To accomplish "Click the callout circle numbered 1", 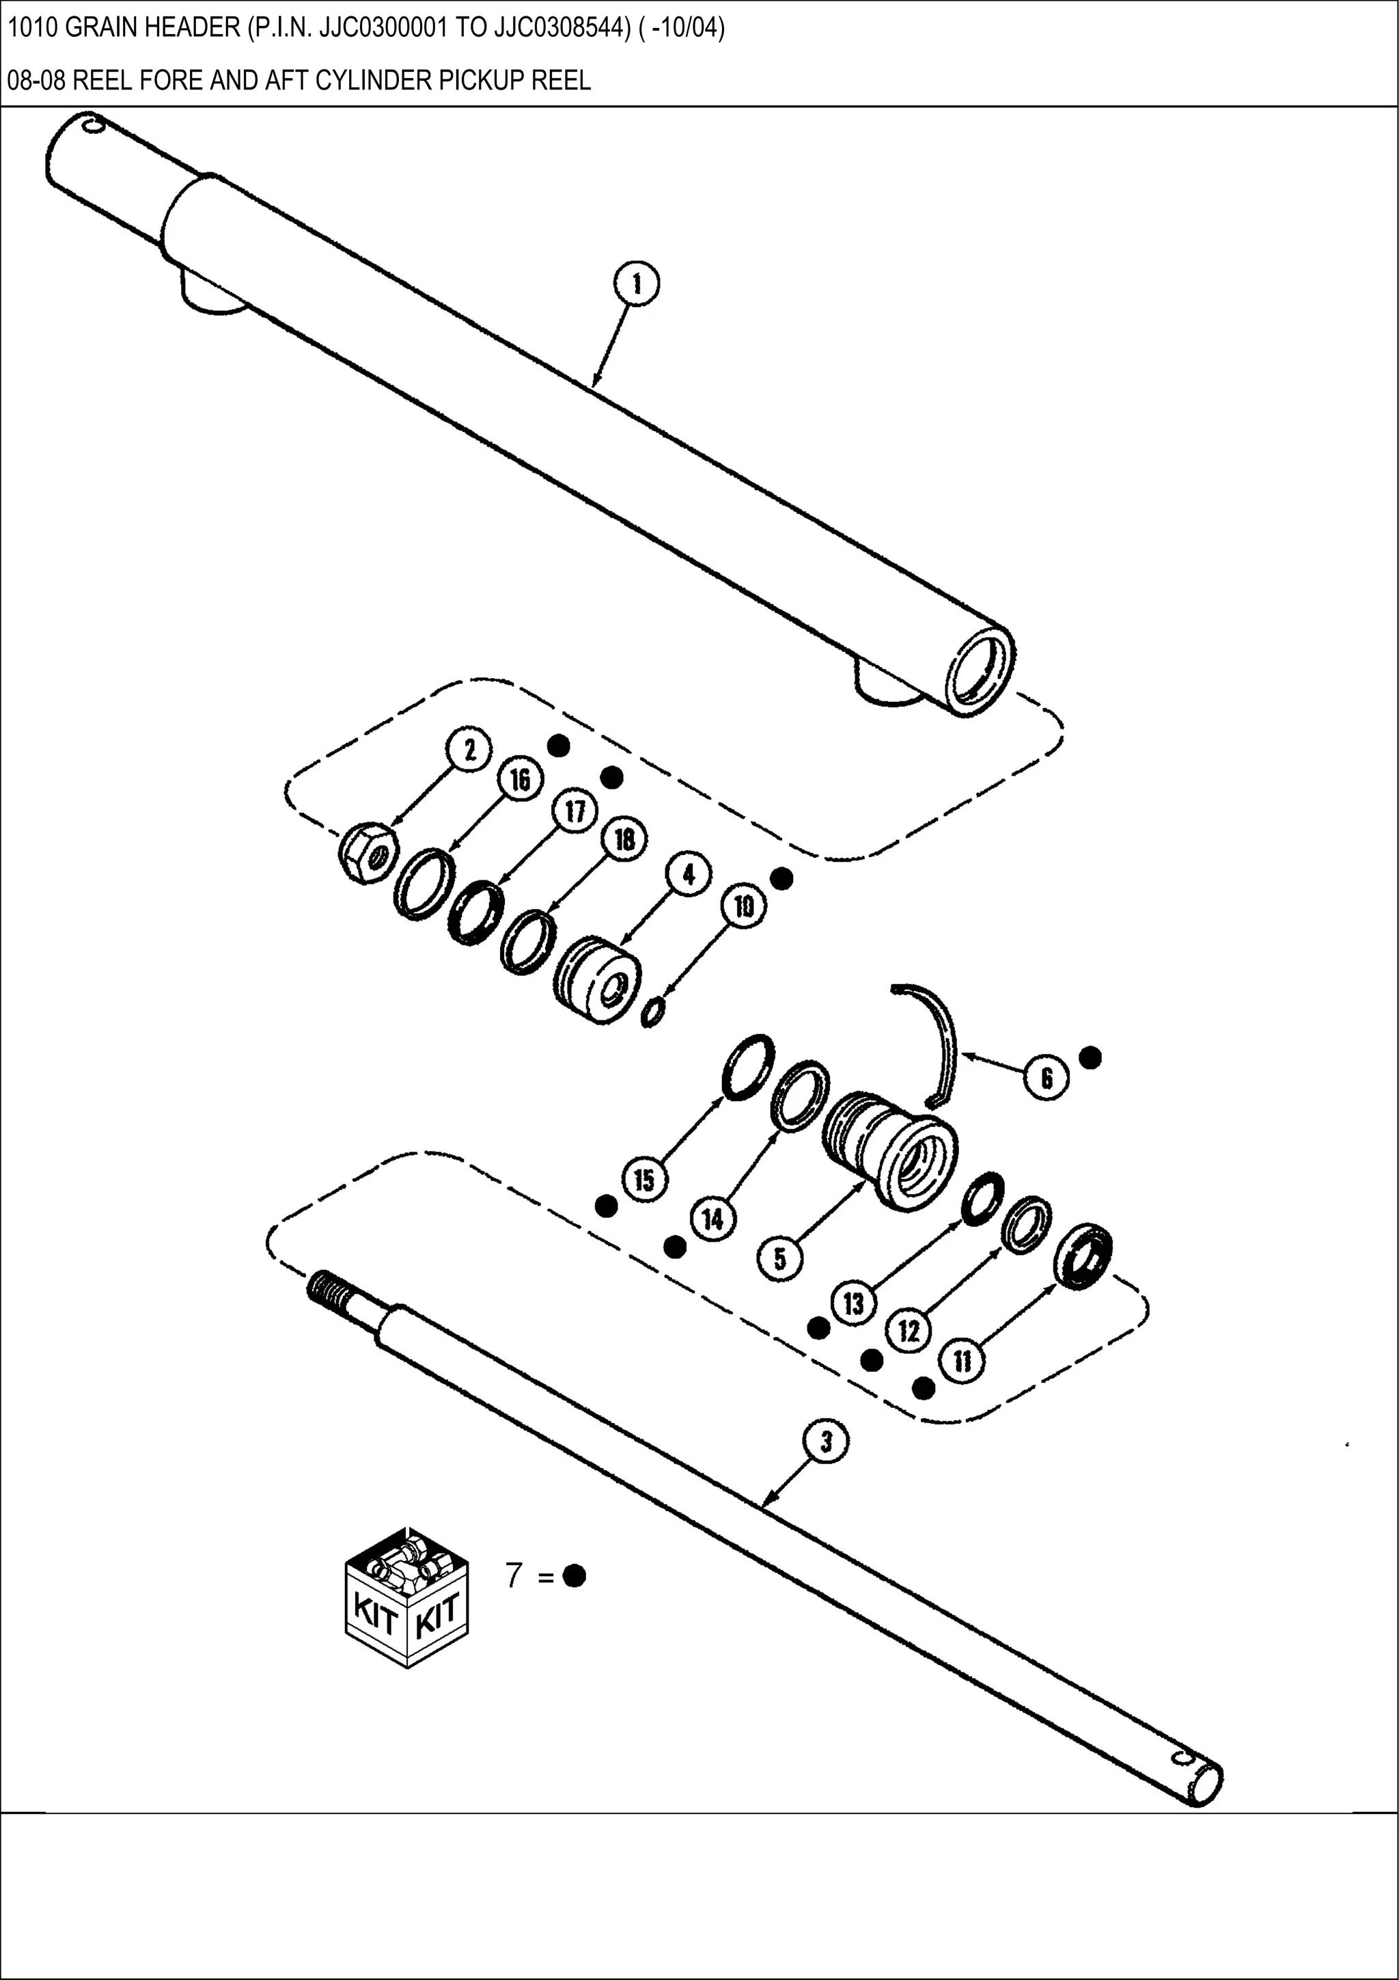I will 637,284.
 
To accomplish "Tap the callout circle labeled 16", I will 520,781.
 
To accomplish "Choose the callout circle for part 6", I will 1047,1078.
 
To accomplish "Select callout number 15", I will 645,1180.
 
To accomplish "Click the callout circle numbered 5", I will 780,1259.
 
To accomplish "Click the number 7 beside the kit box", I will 514,1575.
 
